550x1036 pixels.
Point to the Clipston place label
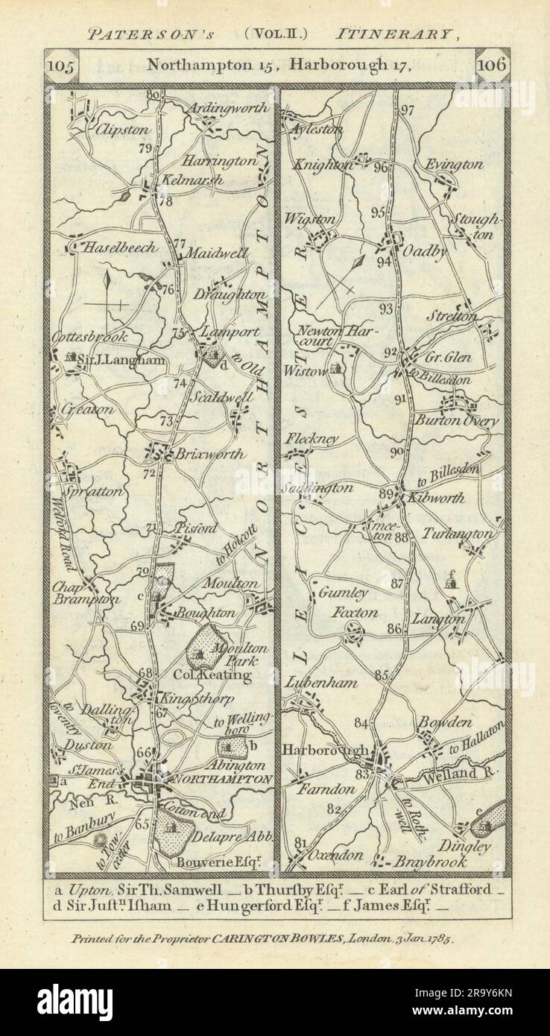click(x=120, y=128)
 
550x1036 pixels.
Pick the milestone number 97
click(x=406, y=110)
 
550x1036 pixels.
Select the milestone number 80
click(x=154, y=95)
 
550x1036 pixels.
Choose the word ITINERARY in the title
click(x=393, y=34)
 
